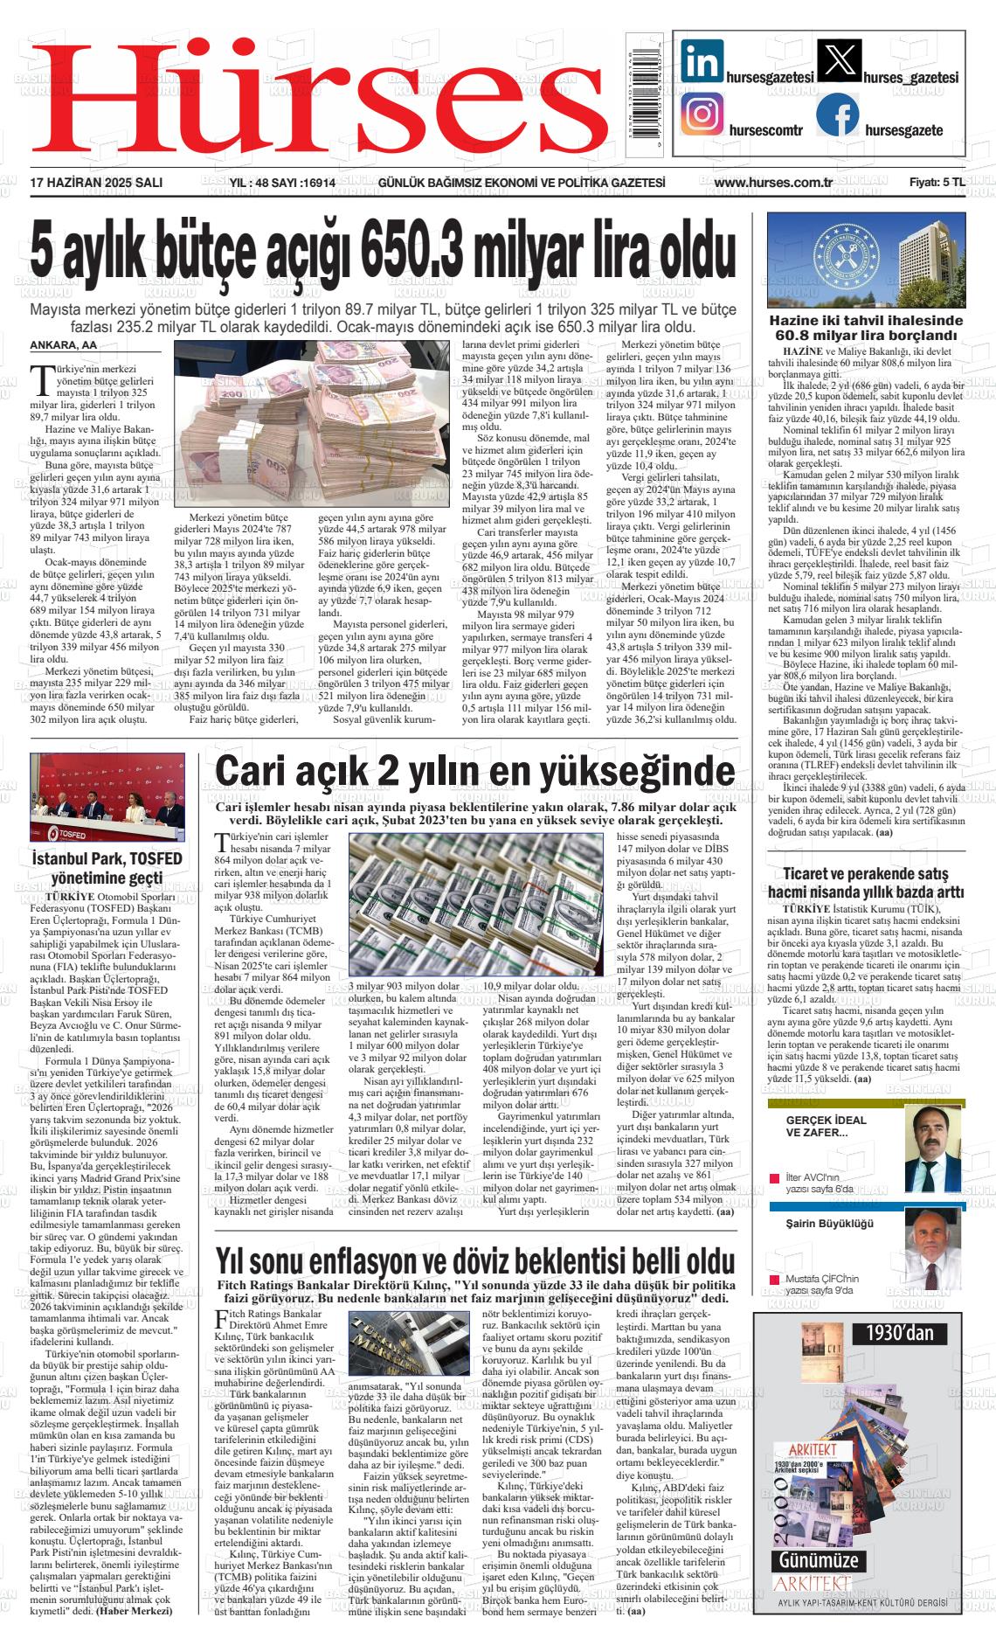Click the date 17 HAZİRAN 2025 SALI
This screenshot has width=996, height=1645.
[96, 183]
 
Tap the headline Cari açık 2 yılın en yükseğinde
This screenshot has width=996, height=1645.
[475, 772]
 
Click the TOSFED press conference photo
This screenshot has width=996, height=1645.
[107, 796]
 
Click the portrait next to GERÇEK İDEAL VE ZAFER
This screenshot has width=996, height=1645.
[932, 1146]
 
